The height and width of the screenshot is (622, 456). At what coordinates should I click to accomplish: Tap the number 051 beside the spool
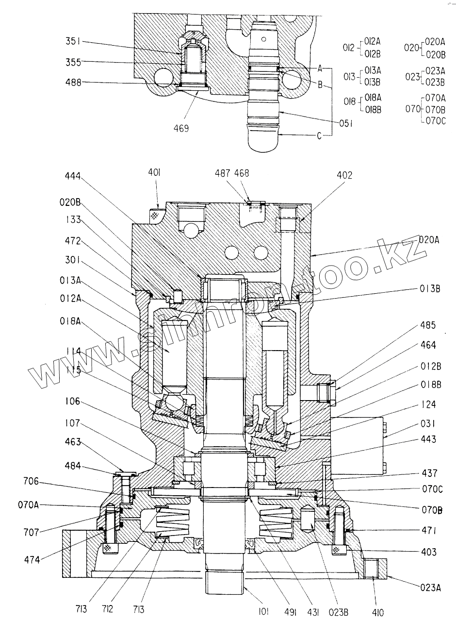tap(344, 123)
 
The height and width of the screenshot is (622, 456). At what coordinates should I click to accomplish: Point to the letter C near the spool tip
tap(319, 136)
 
